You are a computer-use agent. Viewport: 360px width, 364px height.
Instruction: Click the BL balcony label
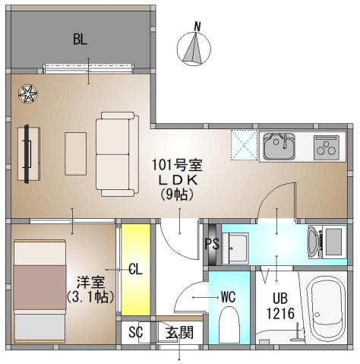coord(81,40)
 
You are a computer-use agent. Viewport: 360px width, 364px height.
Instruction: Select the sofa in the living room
coord(114,152)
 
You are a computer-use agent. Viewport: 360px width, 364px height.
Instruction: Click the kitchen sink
coord(279,146)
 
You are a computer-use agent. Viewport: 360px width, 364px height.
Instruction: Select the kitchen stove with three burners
coord(328,145)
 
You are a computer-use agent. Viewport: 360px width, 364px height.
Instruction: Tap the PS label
coord(213,245)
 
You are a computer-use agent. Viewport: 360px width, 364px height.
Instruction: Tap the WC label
coord(228,297)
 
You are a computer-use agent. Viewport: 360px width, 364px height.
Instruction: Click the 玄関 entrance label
coord(180,332)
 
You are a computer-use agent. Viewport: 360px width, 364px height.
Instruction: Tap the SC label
coord(135,332)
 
